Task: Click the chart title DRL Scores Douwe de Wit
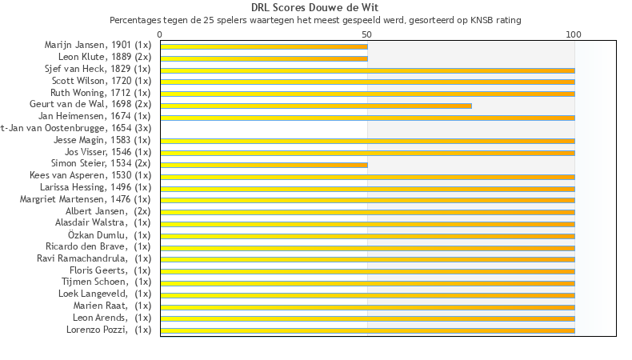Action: [x=315, y=7]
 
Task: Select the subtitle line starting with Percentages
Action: [x=315, y=19]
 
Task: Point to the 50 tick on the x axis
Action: [x=367, y=34]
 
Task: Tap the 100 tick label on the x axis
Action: [x=574, y=34]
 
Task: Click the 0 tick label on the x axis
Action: [x=160, y=34]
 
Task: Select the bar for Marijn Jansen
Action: [x=264, y=46]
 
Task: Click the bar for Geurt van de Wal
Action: [x=316, y=106]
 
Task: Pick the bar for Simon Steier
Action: [x=264, y=165]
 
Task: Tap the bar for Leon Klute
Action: [x=264, y=58]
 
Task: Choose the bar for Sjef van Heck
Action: [x=367, y=70]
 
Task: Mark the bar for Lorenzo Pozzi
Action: [x=367, y=330]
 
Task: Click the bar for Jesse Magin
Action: [x=367, y=141]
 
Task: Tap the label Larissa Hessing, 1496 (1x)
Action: [x=95, y=187]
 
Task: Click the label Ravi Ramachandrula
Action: [x=94, y=258]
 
